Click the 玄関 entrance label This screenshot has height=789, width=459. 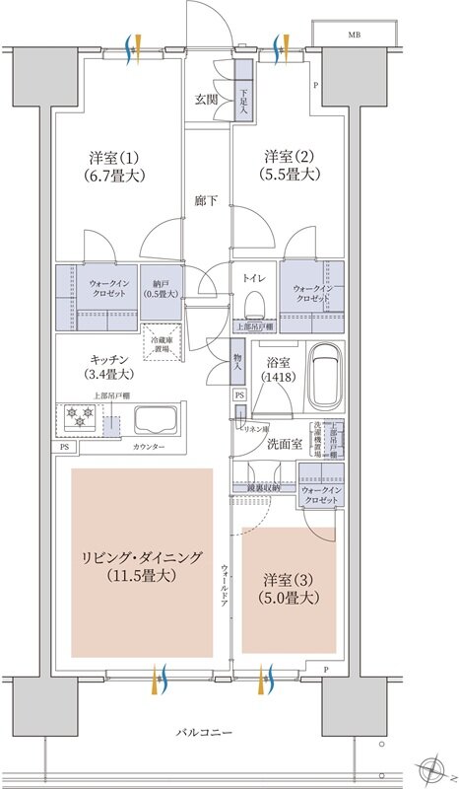205,100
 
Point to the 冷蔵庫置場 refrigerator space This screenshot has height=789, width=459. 161,342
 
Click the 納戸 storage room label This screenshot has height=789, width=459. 158,286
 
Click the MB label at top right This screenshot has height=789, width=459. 352,35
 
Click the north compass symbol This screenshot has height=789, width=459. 430,767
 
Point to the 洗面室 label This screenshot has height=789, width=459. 285,445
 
